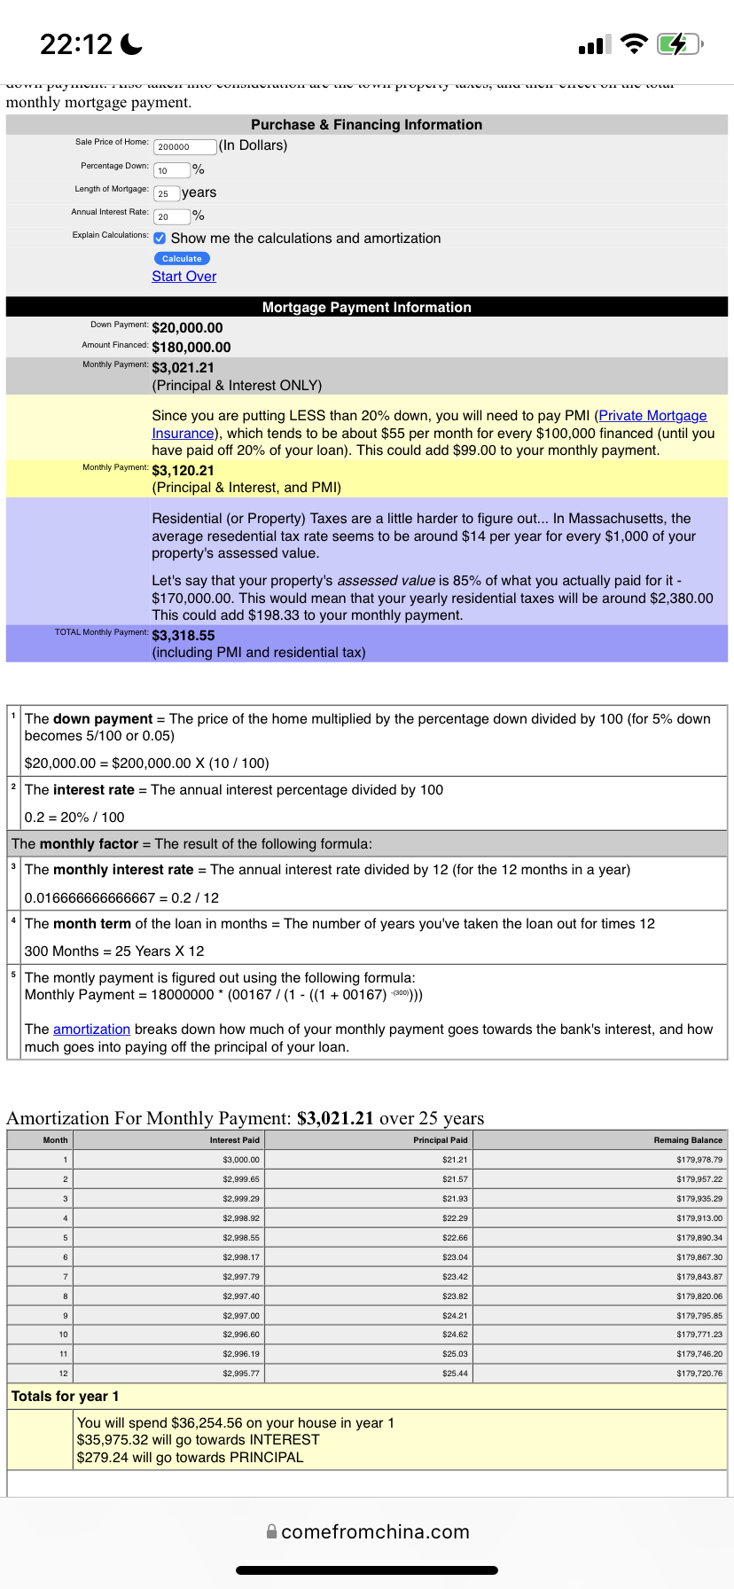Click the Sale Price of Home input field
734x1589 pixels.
coord(185,146)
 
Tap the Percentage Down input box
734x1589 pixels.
coord(172,170)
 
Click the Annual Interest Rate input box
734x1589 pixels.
coord(172,216)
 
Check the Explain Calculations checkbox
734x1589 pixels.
coord(160,239)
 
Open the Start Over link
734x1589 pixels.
coord(183,277)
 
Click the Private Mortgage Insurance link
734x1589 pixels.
coord(652,416)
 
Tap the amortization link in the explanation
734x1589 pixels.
coord(91,1029)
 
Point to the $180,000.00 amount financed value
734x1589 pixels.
coord(191,348)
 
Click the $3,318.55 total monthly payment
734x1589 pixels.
coord(183,636)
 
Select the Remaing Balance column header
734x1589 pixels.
coord(688,1140)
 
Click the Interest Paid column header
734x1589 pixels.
coord(235,1140)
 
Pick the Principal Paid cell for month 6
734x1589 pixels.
coord(455,1257)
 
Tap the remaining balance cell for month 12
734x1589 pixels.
coord(699,1374)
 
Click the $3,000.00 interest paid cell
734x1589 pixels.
coord(241,1160)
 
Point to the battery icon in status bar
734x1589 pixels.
coord(679,43)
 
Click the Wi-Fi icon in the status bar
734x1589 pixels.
coord(634,43)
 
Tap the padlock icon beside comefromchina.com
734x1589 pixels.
coord(272,1531)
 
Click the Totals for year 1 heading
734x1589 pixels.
coord(65,1397)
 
